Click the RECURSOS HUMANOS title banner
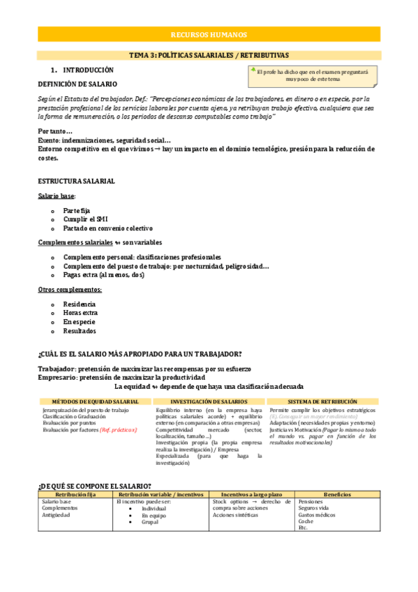tap(209, 35)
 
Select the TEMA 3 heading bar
tap(209, 55)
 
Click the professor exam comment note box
tap(313, 75)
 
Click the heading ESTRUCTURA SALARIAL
tap(76, 182)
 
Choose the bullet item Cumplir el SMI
tap(82, 219)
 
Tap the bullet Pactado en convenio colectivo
tap(107, 228)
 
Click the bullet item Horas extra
tap(80, 313)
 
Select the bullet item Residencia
tap(80, 304)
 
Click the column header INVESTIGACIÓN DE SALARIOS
tap(209, 402)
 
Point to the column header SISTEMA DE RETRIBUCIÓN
tap(322, 402)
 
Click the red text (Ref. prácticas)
tap(119, 430)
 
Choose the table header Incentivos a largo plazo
tap(251, 494)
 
